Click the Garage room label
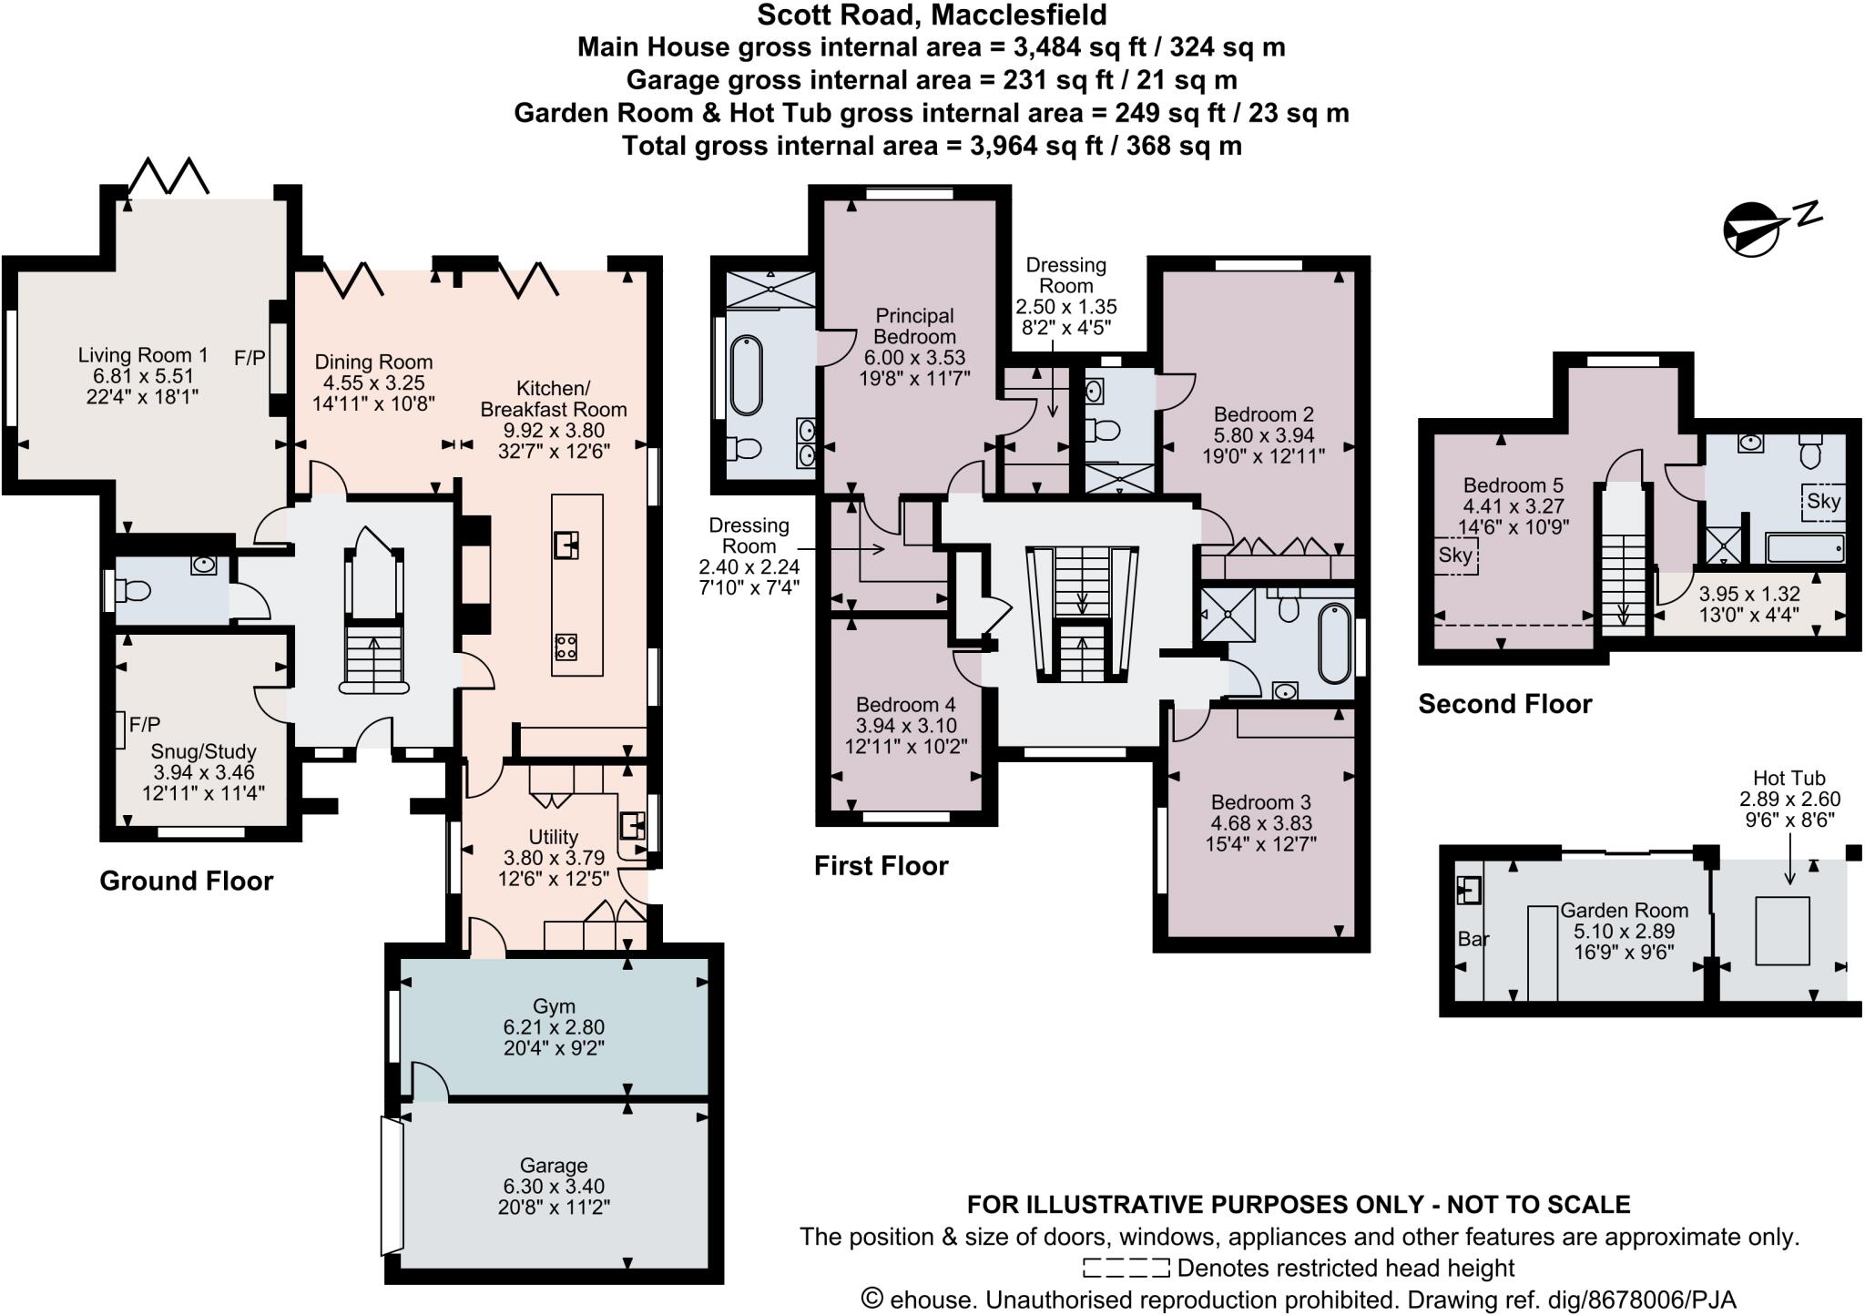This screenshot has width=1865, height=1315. point(554,1165)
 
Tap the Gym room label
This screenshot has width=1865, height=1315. point(554,1006)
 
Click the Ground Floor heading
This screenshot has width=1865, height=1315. point(187,881)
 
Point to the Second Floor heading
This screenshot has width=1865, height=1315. point(1505,704)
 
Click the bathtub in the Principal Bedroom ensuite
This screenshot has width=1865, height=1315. point(747,375)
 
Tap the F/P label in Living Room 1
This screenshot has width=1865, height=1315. point(250,358)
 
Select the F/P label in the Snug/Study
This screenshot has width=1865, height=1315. point(145,725)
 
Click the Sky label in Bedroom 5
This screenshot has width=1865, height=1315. point(1455,555)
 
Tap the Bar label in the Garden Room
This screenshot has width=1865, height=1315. point(1473,938)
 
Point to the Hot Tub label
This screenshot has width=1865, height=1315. point(1789,778)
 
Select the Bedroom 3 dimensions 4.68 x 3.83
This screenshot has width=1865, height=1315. point(1261,822)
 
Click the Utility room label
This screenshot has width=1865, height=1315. point(554,836)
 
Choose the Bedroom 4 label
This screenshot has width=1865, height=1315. point(906,704)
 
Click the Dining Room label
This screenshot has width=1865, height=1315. point(373,362)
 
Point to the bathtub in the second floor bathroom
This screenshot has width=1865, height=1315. point(1806,547)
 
